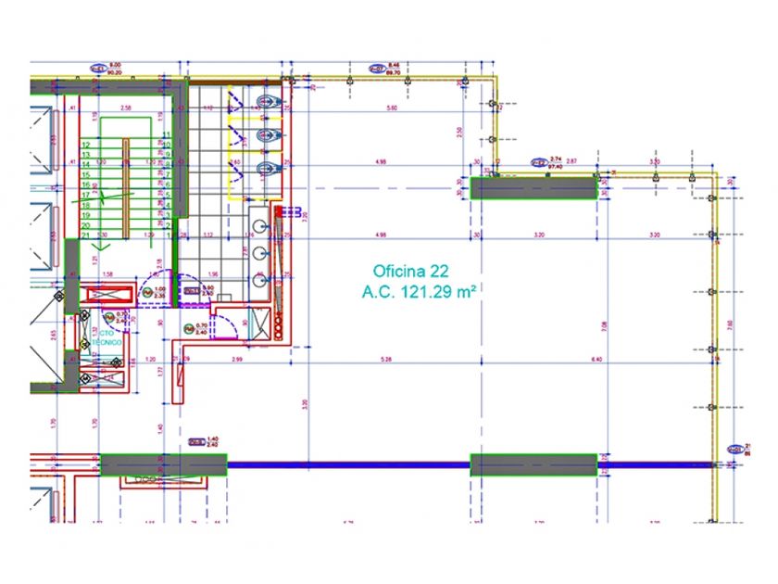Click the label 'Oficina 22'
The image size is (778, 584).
pos(412,272)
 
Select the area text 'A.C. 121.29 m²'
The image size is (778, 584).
pos(420,292)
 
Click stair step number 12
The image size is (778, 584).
pos(85,146)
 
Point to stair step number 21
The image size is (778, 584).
pos(85,235)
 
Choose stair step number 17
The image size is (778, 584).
pos(85,196)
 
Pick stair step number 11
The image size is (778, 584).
pos(167,135)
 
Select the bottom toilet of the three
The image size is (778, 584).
pos(268,169)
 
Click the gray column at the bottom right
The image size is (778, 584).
pos(533,464)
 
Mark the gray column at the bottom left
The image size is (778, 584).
pos(163,464)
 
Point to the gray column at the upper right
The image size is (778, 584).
pos(533,188)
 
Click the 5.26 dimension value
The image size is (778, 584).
pos(386,360)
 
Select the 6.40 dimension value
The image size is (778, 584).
pos(596,360)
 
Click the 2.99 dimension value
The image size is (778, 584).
pos(238,360)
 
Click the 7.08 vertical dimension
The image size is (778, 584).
pos(603,326)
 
